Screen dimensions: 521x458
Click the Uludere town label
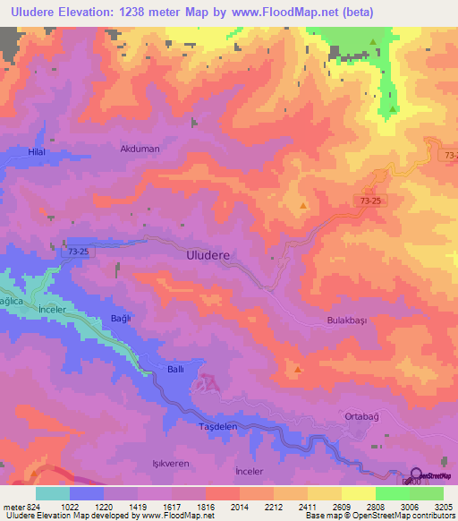point(208,255)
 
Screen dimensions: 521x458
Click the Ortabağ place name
point(363,417)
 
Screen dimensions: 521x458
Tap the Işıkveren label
point(159,465)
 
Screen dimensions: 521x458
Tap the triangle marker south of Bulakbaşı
point(298,368)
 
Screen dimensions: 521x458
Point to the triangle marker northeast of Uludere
point(304,207)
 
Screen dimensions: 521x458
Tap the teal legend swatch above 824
point(52,493)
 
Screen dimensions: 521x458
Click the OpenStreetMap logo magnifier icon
point(416,474)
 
